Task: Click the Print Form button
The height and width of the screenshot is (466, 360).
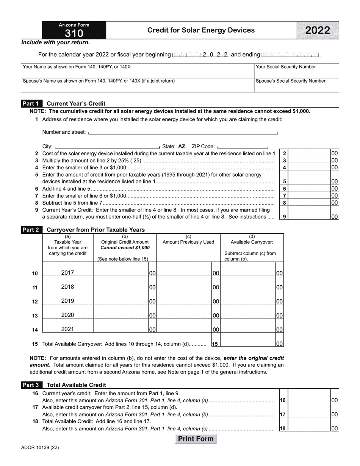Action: [196, 439]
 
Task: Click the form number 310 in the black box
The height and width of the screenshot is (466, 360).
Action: [74, 34]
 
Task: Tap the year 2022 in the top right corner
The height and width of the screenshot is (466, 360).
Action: [317, 31]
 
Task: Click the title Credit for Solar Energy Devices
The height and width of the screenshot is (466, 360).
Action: [201, 30]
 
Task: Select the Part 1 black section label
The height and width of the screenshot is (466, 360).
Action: [31, 103]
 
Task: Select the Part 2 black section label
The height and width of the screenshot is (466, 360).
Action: [31, 230]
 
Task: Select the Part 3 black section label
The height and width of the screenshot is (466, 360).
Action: [31, 385]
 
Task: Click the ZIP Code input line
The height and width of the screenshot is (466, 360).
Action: [243, 146]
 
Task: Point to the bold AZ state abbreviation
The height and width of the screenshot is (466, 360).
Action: [182, 146]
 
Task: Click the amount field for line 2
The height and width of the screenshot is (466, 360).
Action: [309, 153]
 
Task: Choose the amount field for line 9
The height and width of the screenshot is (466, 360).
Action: [309, 213]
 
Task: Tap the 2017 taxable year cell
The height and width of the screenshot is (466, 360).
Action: [67, 272]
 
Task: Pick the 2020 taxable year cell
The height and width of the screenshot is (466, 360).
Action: [67, 315]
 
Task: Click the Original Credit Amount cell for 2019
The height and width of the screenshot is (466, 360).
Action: [121, 301]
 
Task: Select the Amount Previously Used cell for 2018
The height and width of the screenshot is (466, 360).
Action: [184, 287]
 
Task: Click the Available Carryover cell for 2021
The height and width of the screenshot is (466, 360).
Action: [248, 329]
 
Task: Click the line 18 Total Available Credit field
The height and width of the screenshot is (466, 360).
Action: [309, 428]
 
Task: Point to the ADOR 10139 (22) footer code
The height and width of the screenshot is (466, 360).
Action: [40, 447]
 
